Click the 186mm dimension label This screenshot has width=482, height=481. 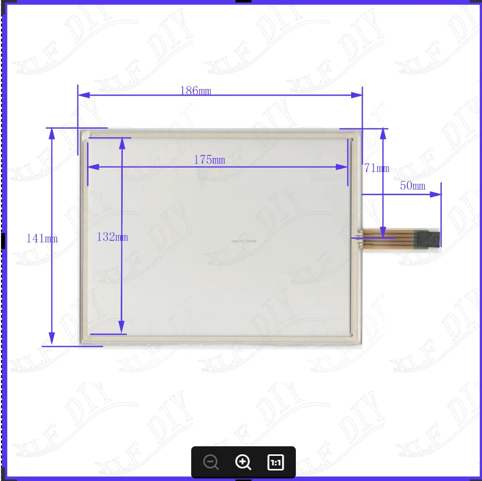196,91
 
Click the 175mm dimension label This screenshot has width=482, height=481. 209,160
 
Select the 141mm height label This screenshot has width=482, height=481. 42,238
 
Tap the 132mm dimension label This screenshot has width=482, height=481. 112,237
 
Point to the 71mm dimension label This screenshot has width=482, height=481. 376,169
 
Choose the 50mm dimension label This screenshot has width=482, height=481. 412,186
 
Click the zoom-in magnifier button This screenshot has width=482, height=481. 243,462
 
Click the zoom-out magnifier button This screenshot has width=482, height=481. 212,462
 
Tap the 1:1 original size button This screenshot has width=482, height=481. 275,462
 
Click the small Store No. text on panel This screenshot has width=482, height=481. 244,241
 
